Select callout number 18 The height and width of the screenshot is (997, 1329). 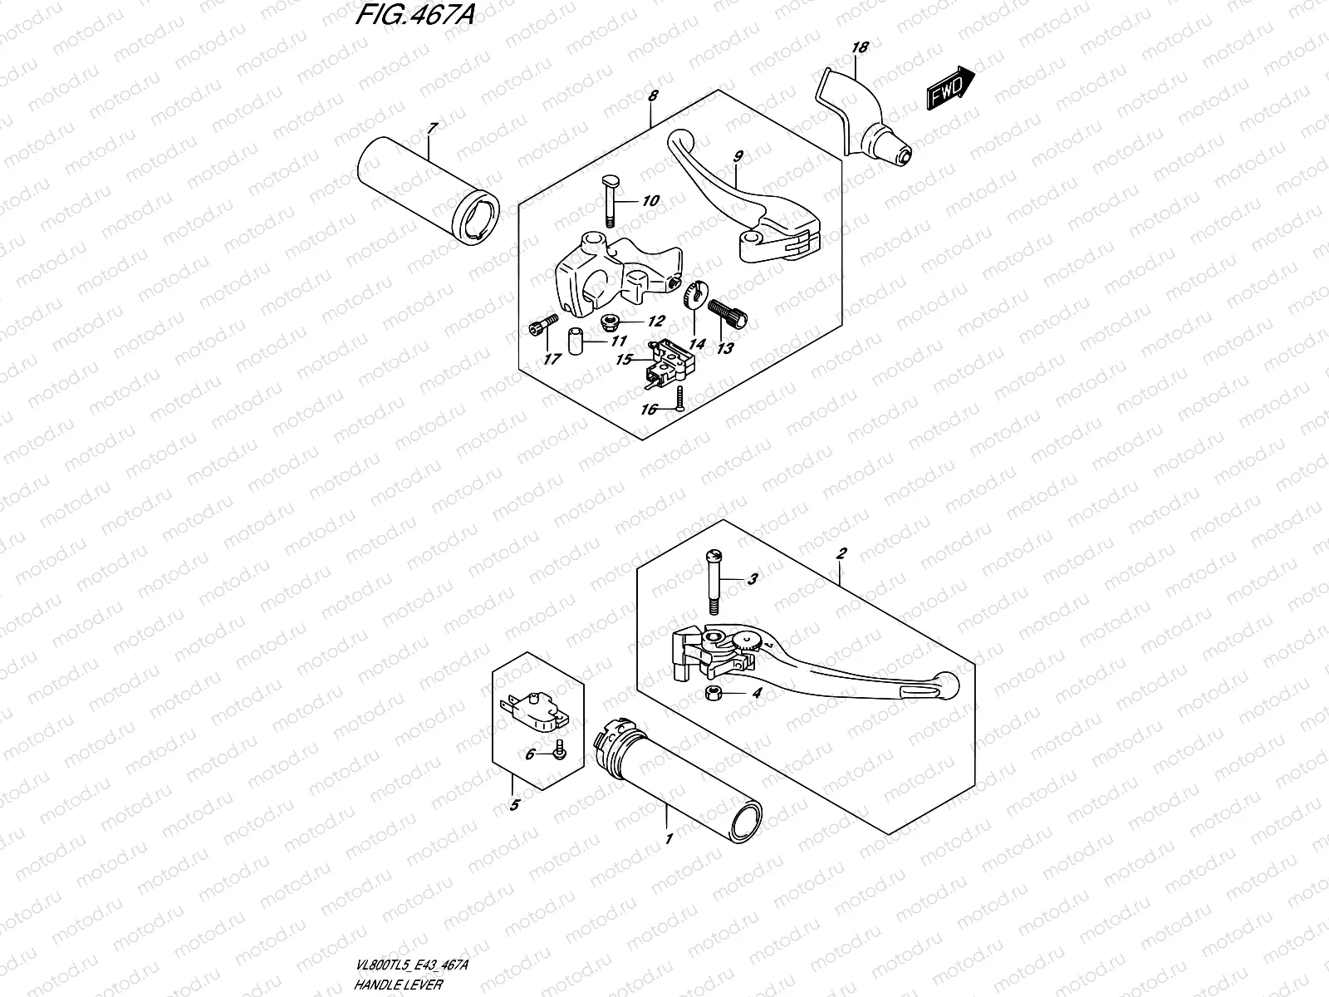(860, 48)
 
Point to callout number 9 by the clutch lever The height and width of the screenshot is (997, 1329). (738, 156)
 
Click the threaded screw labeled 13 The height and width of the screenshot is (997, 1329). (728, 312)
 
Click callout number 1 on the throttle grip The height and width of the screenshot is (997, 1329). (668, 840)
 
